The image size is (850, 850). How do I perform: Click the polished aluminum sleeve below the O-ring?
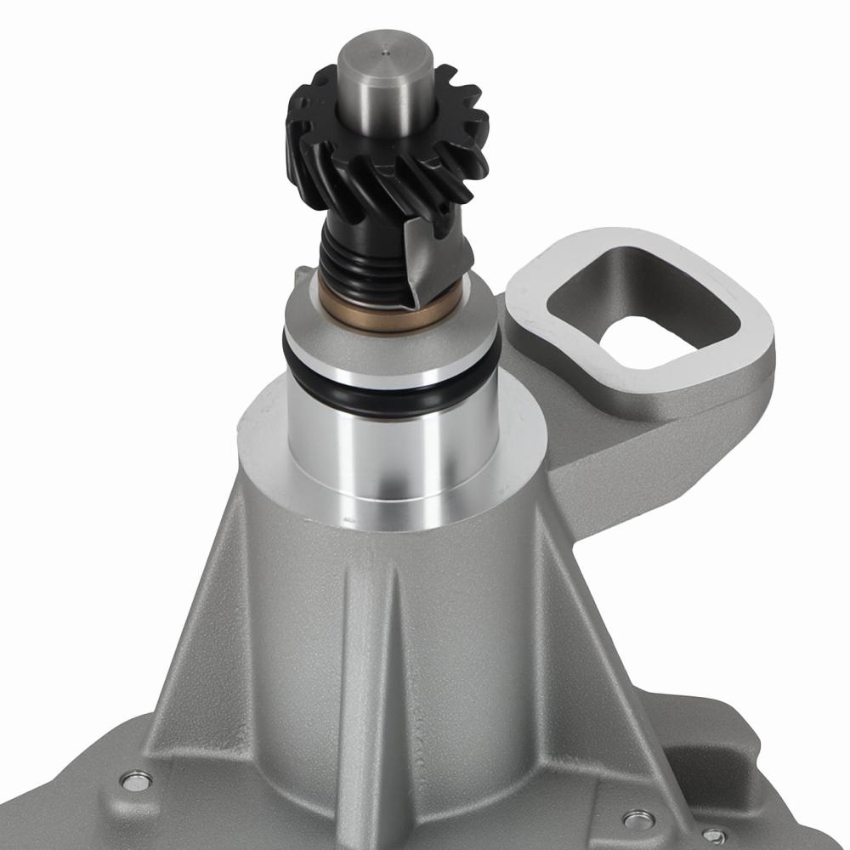click(x=391, y=450)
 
